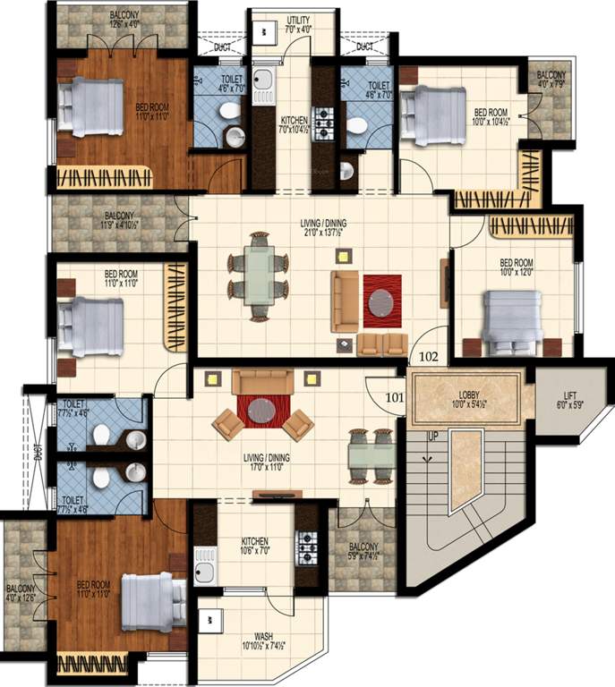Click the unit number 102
429,356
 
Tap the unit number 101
395,390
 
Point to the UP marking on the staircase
432,437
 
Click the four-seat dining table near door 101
371,456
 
